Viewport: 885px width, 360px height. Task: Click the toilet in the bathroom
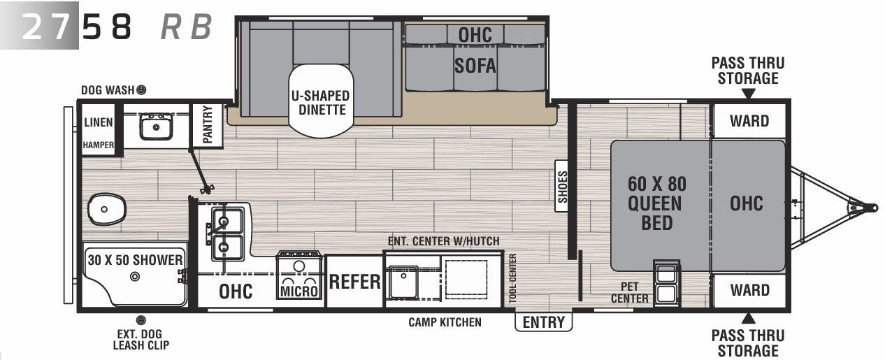pyautogui.click(x=106, y=209)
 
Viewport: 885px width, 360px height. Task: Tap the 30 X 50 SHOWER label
pyautogui.click(x=135, y=260)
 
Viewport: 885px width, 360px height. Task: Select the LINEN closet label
pyautogui.click(x=98, y=122)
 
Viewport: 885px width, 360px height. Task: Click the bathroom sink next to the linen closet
pyautogui.click(x=155, y=127)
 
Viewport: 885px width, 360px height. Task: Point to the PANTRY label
pyautogui.click(x=208, y=125)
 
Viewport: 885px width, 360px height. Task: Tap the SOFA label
pyautogui.click(x=475, y=66)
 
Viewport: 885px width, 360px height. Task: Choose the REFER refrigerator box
pyautogui.click(x=354, y=282)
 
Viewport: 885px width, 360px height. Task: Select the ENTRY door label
pyautogui.click(x=543, y=322)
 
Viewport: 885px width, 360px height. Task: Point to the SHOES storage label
pyautogui.click(x=563, y=187)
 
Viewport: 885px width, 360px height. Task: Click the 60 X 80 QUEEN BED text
pyautogui.click(x=656, y=203)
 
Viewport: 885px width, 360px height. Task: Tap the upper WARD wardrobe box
pyautogui.click(x=749, y=121)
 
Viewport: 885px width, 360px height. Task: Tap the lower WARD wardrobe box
pyautogui.click(x=749, y=290)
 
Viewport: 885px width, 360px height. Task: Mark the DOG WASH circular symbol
pyautogui.click(x=141, y=89)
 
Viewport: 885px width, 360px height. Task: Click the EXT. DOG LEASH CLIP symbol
pyautogui.click(x=141, y=320)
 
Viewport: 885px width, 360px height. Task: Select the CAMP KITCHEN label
pyautogui.click(x=445, y=322)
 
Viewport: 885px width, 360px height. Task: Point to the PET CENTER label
pyautogui.click(x=629, y=293)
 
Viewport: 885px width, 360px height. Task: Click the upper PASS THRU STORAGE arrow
pyautogui.click(x=749, y=94)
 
